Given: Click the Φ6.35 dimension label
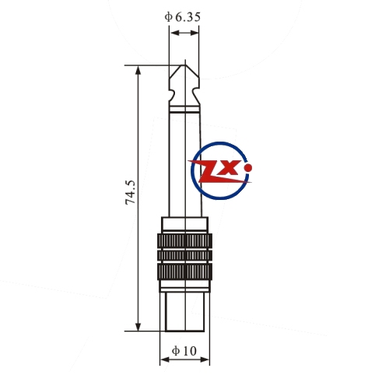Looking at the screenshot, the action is pyautogui.click(x=183, y=17).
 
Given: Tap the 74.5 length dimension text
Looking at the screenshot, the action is pyautogui.click(x=130, y=192).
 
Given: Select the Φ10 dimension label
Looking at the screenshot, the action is pyautogui.click(x=184, y=351).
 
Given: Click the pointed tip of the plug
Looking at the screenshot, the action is pyautogui.click(x=184, y=65).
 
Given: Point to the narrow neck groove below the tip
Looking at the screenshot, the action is pyautogui.click(x=184, y=95).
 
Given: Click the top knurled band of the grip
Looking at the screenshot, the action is pyautogui.click(x=184, y=240).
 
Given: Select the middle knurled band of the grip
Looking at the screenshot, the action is pyautogui.click(x=184, y=255).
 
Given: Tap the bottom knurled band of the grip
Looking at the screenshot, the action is pyautogui.click(x=184, y=272).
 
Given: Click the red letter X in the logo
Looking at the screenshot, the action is pyautogui.click(x=230, y=167).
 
